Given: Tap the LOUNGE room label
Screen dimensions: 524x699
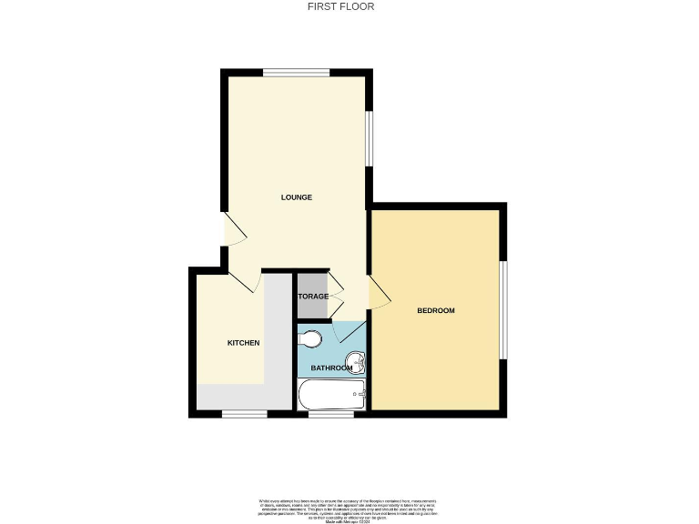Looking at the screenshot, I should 297,197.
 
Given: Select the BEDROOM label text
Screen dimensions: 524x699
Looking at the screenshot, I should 435,311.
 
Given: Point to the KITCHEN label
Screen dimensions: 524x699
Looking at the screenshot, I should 244,343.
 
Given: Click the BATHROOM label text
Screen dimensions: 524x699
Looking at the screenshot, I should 331,368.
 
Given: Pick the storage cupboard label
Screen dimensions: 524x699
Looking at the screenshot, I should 313,297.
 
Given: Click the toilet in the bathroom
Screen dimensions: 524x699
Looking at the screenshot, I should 309,339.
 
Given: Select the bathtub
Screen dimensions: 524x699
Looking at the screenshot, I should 332,396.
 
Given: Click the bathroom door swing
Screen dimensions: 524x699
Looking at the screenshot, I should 349,330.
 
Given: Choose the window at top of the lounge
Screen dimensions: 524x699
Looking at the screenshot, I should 296,73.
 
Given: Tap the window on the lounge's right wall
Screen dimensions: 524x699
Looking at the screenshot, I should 370,138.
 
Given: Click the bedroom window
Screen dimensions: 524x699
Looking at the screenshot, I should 503,310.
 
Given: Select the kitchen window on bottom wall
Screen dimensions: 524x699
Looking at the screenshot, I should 245,414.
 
